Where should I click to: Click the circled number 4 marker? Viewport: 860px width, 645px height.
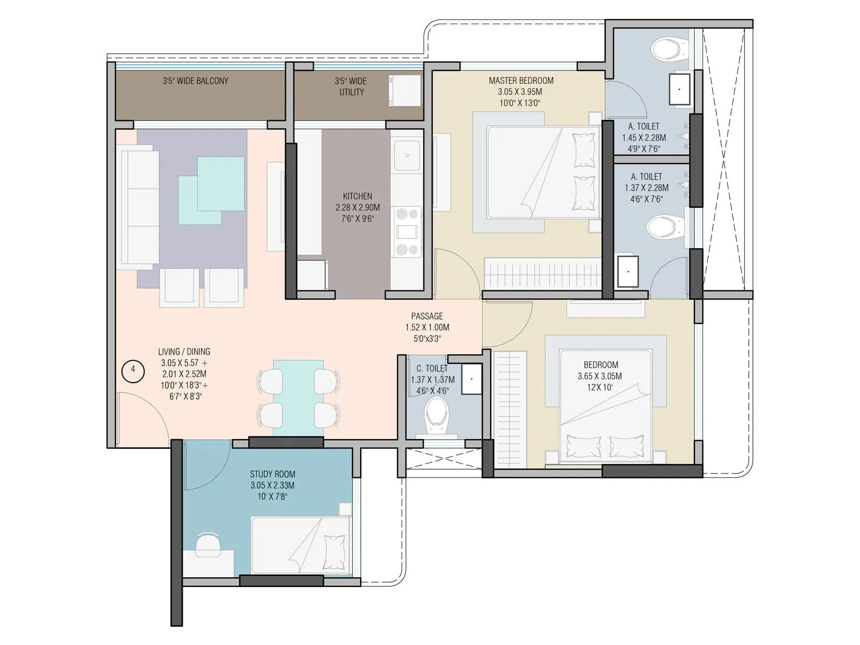coord(133,370)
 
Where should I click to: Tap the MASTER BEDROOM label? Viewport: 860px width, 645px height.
coord(521,81)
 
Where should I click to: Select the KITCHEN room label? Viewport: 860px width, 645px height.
coord(357,196)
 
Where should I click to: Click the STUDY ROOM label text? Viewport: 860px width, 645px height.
coord(273,474)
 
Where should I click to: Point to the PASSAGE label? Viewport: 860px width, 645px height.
coord(427,316)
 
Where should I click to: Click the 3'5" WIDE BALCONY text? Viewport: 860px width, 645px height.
coord(196,81)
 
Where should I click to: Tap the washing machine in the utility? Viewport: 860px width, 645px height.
coord(404,90)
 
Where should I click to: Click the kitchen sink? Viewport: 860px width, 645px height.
coord(407,155)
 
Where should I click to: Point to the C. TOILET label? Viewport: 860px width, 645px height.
coord(432,368)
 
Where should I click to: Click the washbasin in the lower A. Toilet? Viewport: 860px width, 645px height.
coord(627,271)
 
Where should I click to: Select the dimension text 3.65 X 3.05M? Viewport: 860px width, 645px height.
coord(600,376)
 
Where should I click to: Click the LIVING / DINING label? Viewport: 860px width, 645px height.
coord(184,352)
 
